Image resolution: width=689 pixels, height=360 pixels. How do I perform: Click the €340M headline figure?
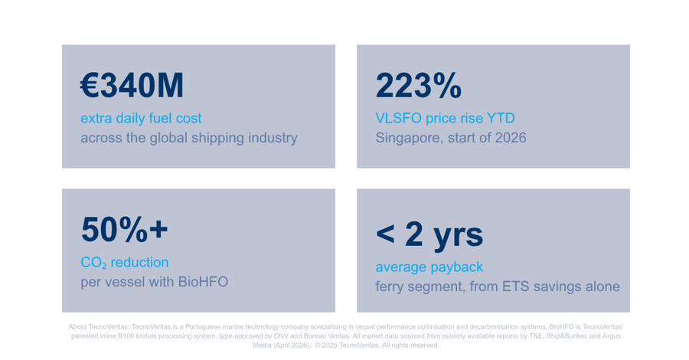click(x=132, y=85)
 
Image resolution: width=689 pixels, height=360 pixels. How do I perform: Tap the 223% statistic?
click(x=418, y=85)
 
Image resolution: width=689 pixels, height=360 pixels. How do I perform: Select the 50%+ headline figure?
click(x=124, y=229)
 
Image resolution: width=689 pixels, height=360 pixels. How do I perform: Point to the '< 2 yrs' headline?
click(x=429, y=234)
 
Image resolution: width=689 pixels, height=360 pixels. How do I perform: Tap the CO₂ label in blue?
click(x=93, y=263)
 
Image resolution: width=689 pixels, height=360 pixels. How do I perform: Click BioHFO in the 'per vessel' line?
click(x=203, y=282)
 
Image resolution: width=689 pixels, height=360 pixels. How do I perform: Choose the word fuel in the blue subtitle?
click(x=161, y=118)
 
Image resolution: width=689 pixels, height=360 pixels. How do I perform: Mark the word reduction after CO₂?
click(x=140, y=263)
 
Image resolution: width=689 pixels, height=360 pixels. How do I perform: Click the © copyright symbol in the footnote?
click(x=317, y=345)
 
